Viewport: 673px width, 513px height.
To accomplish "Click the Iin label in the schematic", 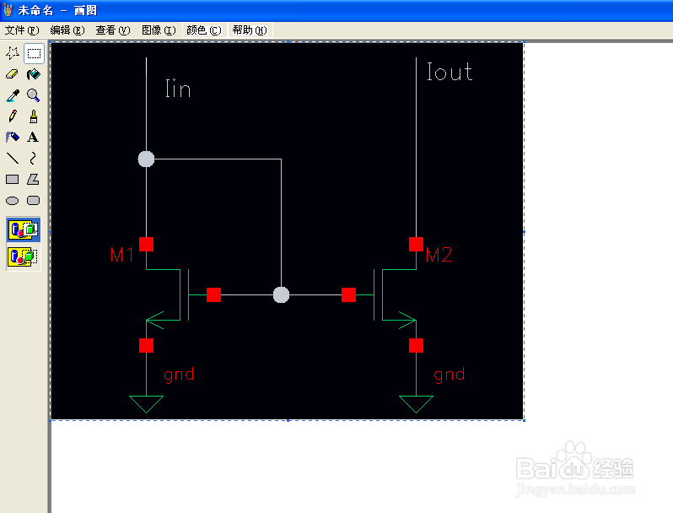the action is click(178, 89).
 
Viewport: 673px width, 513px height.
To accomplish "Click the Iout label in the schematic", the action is click(450, 72).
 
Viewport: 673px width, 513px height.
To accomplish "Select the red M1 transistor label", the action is click(122, 255).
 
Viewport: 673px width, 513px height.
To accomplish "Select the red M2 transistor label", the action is click(439, 255).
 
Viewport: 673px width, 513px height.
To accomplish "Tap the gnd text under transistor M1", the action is click(179, 375).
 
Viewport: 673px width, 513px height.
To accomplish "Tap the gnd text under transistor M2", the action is click(450, 375).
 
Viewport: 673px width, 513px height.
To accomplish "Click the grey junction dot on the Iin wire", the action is click(146, 159).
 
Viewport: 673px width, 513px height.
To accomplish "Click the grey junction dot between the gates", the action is click(281, 295).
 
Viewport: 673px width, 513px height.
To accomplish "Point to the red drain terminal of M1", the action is click(147, 244).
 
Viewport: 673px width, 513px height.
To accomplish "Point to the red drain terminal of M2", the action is click(416, 244).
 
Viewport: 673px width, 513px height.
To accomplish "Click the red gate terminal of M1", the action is click(213, 295).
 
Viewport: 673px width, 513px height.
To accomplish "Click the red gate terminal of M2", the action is click(348, 295).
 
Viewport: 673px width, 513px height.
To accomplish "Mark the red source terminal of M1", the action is click(147, 346).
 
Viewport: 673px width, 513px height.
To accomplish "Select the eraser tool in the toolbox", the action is click(12, 74).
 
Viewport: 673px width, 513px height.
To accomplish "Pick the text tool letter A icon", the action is click(33, 137).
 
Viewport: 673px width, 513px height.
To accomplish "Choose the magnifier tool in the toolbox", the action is click(33, 94).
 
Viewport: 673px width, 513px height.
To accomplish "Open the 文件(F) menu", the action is click(22, 30).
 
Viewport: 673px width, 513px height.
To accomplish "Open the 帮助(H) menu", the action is click(250, 30).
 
